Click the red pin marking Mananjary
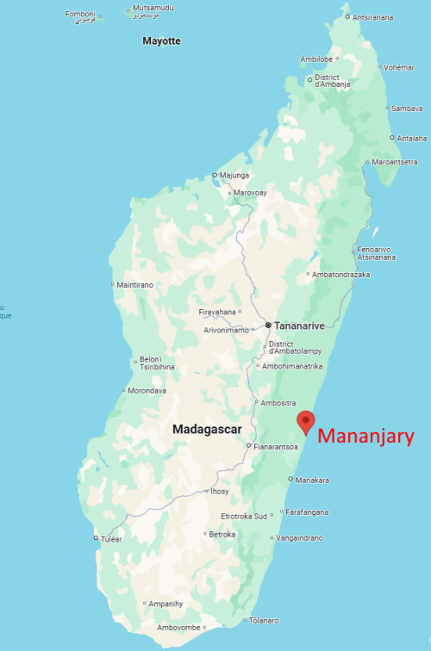pyautogui.click(x=305, y=422)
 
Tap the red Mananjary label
pyautogui.click(x=366, y=437)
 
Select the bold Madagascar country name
pyautogui.click(x=207, y=429)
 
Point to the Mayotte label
pyautogui.click(x=161, y=40)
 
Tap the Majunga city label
pyautogui.click(x=234, y=175)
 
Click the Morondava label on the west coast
pyautogui.click(x=147, y=390)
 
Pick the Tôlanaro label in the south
pyautogui.click(x=265, y=620)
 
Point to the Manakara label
pyautogui.click(x=311, y=480)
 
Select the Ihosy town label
pyautogui.click(x=220, y=491)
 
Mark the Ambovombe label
pyautogui.click(x=178, y=627)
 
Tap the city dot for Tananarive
pyautogui.click(x=268, y=325)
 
